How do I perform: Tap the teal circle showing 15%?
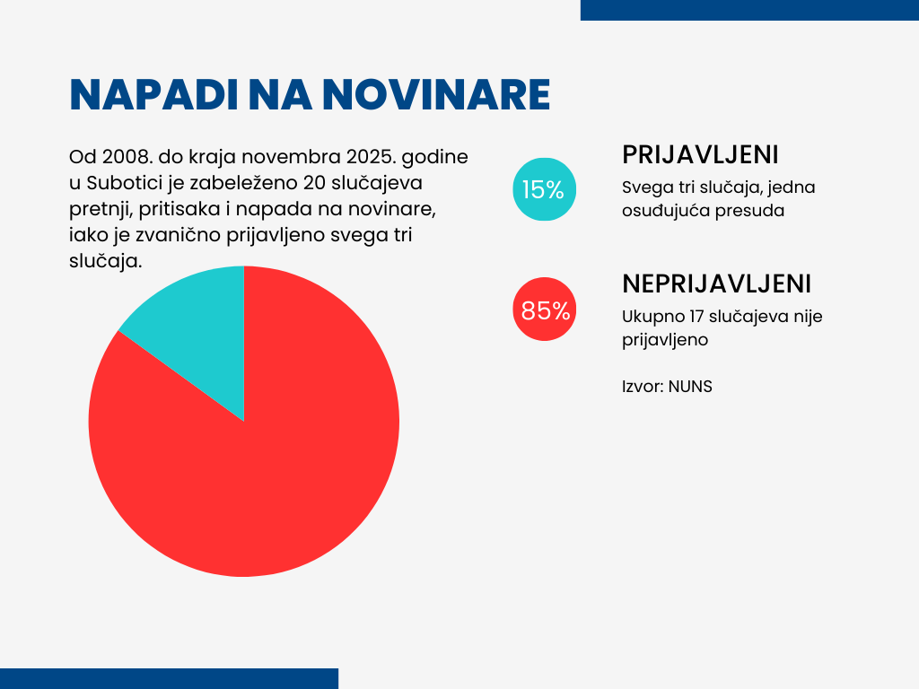tap(543, 189)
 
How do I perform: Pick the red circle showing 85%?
tap(544, 310)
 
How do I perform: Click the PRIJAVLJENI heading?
tap(700, 154)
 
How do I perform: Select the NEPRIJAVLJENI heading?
tap(716, 283)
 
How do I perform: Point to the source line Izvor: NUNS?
tap(667, 387)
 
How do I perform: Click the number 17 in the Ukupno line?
tap(695, 317)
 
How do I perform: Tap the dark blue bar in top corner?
tap(749, 10)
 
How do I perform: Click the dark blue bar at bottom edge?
tap(169, 678)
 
